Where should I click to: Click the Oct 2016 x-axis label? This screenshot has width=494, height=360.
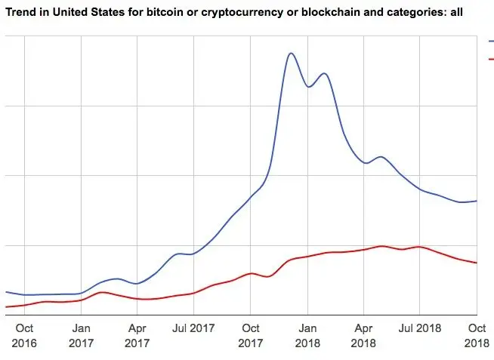point(24,335)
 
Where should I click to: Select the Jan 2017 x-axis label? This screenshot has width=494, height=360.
point(81,335)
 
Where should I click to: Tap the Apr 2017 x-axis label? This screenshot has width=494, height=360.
point(137,335)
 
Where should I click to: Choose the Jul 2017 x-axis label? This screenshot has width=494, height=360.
point(194,328)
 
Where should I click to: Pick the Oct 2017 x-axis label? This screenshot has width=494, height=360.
point(250,335)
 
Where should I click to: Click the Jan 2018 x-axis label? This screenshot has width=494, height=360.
point(307,335)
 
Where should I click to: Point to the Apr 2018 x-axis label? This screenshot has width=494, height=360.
point(363,335)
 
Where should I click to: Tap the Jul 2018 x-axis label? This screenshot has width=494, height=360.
point(420,328)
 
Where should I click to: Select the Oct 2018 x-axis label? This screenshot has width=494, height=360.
point(477,335)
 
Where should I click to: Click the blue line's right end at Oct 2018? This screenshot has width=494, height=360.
point(477,201)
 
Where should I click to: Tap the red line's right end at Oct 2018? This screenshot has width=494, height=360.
point(477,263)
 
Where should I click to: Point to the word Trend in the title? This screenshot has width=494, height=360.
point(20,13)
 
